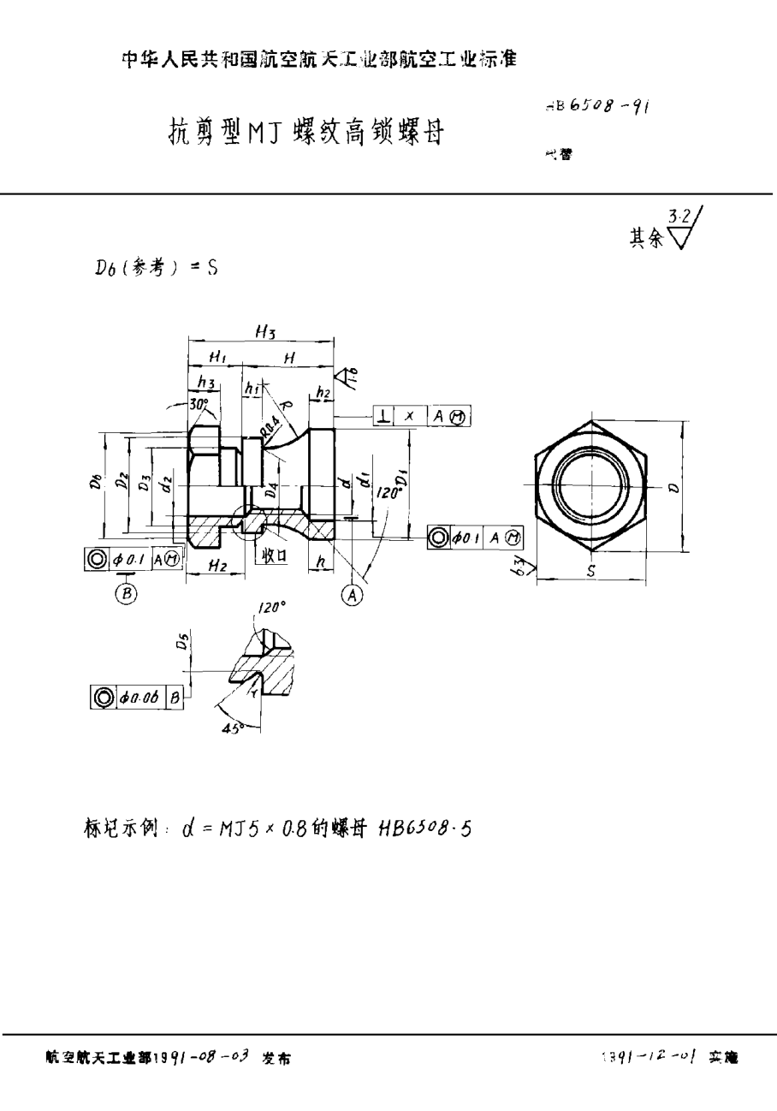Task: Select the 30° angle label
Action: coord(199,403)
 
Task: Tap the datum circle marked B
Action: coord(126,593)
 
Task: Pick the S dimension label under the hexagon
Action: coord(591,570)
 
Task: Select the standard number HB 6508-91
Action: coord(596,106)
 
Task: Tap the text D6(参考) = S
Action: coord(156,267)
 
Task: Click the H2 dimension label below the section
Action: coord(216,567)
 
